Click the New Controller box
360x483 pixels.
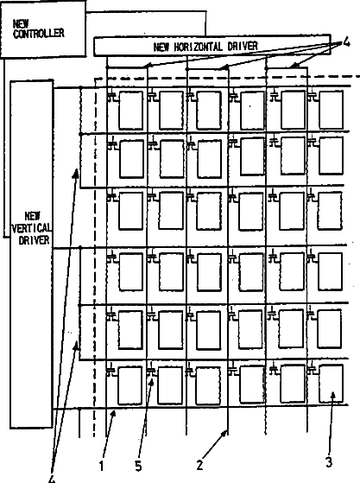click(43, 29)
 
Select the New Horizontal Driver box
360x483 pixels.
click(212, 46)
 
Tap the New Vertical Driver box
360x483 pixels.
click(32, 254)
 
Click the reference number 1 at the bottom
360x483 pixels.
click(102, 467)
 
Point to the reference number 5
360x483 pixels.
click(138, 467)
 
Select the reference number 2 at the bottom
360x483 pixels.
click(200, 465)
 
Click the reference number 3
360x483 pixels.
click(329, 462)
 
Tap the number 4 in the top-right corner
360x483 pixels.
click(346, 42)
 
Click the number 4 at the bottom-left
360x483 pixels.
click(53, 479)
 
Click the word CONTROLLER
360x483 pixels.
click(39, 34)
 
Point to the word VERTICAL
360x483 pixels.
click(32, 228)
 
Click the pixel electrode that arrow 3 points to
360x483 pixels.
click(331, 384)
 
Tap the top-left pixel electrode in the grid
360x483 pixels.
click(131, 111)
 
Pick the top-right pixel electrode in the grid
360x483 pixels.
click(331, 110)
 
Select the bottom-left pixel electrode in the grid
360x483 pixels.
click(129, 385)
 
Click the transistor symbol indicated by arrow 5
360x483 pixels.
click(152, 372)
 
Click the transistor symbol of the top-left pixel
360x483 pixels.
click(112, 97)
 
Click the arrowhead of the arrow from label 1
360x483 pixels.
click(114, 414)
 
